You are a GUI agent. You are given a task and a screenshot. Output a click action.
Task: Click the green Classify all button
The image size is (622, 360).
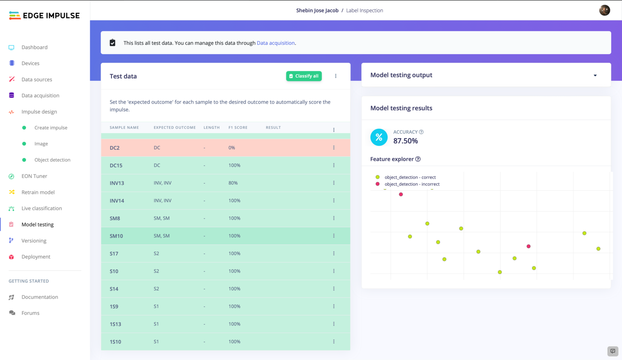[x=304, y=76]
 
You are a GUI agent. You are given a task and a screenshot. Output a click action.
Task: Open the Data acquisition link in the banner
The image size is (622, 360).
[x=276, y=43]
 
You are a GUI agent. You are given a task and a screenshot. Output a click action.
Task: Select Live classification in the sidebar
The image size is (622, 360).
[x=42, y=208]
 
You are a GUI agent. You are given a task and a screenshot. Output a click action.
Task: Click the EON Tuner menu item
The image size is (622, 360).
[x=34, y=176]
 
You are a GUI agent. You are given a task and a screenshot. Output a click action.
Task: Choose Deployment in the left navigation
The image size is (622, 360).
[x=36, y=257]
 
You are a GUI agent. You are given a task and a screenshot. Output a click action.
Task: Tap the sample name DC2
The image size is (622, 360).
[x=115, y=148]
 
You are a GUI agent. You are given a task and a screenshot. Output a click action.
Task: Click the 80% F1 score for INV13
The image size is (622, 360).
[x=233, y=183]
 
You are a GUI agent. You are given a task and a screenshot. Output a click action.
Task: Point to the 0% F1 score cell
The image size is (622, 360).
[x=232, y=148]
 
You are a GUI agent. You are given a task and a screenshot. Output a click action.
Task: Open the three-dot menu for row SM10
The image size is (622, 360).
[x=334, y=236]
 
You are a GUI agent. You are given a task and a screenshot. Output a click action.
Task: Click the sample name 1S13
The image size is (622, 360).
[x=115, y=324]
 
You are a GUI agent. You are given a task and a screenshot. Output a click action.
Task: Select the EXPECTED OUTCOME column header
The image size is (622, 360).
[x=175, y=128]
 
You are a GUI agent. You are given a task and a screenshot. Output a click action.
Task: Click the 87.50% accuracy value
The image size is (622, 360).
[x=405, y=141]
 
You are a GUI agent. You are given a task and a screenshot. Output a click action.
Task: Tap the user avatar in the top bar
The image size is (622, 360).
[x=605, y=10]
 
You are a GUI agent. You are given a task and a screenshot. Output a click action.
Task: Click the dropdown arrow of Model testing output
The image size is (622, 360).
[x=595, y=75]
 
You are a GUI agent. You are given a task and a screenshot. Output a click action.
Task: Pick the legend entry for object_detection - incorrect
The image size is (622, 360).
[x=412, y=184]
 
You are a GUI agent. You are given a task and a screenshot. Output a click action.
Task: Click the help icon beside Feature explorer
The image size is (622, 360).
[x=418, y=159]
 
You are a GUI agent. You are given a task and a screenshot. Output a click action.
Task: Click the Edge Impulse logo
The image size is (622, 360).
[x=44, y=16]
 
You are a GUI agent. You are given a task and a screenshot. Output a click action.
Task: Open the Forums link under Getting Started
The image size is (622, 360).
[x=30, y=313]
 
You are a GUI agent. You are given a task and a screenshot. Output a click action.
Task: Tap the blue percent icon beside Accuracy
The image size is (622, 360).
[x=379, y=137]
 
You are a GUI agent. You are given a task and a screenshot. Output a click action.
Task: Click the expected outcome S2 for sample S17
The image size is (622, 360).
[x=156, y=253]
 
